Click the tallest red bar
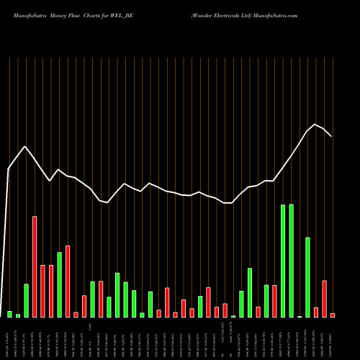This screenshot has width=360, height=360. pos(35,266)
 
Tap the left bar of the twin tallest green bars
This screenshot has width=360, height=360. pos(283,261)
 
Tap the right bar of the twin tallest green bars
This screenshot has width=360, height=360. pos(292,261)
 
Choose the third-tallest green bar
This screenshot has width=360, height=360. pos(308,277)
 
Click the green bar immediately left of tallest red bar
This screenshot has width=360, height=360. pos(26,300)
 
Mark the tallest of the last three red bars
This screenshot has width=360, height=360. pos(325,299)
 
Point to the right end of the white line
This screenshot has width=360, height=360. pos(331,136)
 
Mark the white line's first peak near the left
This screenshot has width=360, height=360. pos(25,146)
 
